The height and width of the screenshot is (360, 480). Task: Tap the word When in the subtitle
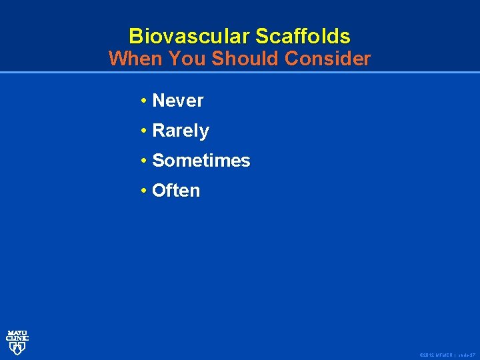pyautogui.click(x=136, y=59)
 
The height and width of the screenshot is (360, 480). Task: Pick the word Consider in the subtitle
pyautogui.click(x=327, y=59)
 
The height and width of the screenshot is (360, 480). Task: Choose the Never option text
pyautogui.click(x=178, y=101)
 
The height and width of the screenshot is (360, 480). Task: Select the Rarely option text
pyautogui.click(x=181, y=131)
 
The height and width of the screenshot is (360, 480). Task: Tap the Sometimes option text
pyautogui.click(x=201, y=161)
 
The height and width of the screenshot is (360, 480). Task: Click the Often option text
pyautogui.click(x=176, y=191)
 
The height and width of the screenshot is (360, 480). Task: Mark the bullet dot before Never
pyautogui.click(x=144, y=101)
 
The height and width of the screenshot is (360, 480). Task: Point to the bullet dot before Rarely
pyautogui.click(x=144, y=131)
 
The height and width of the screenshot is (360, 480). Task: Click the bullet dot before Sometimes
pyautogui.click(x=144, y=161)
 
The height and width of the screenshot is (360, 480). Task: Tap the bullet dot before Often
pyautogui.click(x=144, y=191)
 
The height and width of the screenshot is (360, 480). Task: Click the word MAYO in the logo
pyautogui.click(x=17, y=333)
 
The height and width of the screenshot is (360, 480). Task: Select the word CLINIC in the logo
pyautogui.click(x=17, y=338)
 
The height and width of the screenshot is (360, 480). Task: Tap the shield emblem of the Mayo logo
pyautogui.click(x=17, y=348)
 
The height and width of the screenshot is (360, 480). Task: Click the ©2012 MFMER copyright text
pyautogui.click(x=437, y=355)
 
